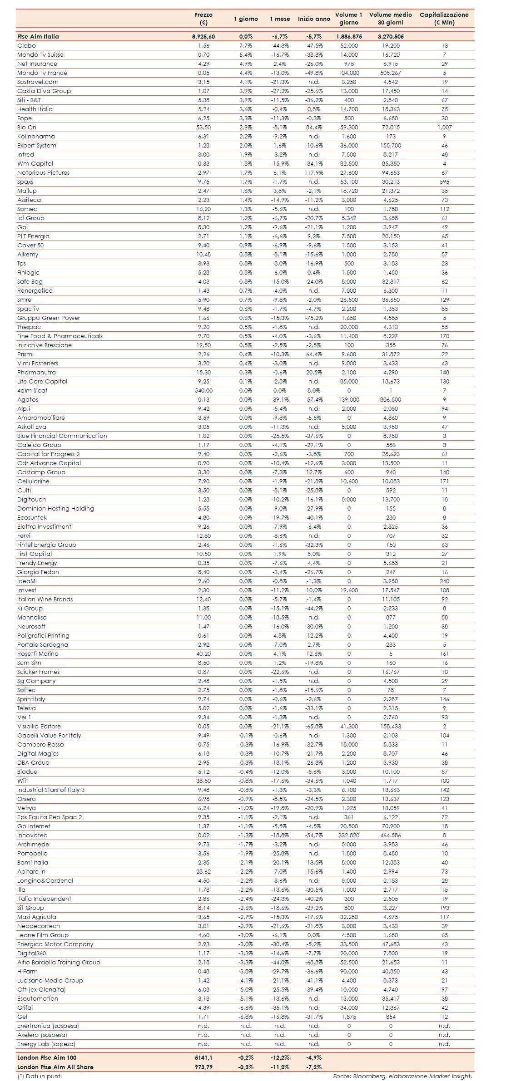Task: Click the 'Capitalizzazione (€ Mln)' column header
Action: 444,19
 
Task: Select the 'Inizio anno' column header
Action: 314,19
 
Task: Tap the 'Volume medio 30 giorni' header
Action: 390,19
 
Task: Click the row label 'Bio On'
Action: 27,128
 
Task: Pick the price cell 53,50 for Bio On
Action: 203,128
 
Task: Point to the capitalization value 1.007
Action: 444,128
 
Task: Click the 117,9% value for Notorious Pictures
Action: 314,173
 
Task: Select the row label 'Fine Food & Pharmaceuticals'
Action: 60,336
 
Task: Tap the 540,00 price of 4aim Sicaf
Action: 203,391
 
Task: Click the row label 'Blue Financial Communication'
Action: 62,436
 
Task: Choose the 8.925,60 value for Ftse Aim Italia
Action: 203,37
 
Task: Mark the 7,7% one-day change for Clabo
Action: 246,46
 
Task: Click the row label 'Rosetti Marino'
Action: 38,654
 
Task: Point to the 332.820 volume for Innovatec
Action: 348,835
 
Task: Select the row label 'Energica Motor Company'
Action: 55,944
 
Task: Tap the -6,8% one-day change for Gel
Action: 246,1017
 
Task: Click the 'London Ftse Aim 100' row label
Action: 47,1058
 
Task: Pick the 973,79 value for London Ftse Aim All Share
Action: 203,1067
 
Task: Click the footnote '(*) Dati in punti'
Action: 40,1076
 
